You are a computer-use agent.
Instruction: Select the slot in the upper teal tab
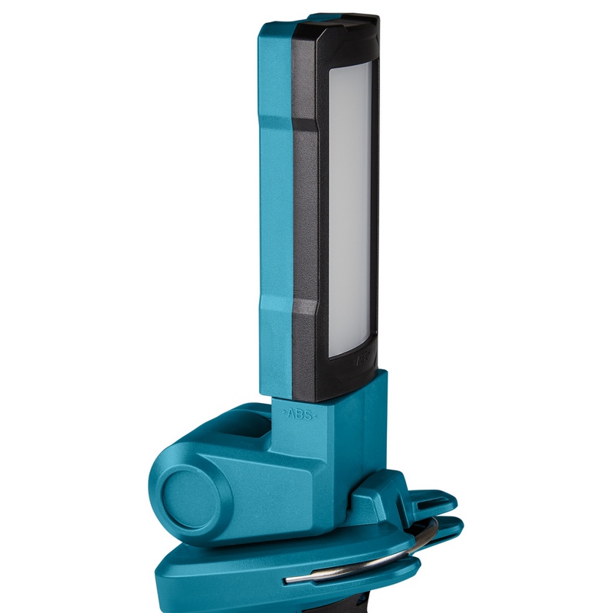[420, 502]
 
